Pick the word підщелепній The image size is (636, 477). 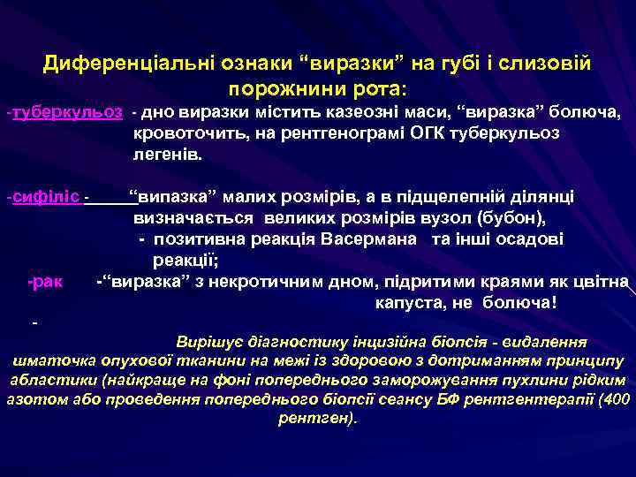tap(459, 195)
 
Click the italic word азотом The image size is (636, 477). tap(33, 399)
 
